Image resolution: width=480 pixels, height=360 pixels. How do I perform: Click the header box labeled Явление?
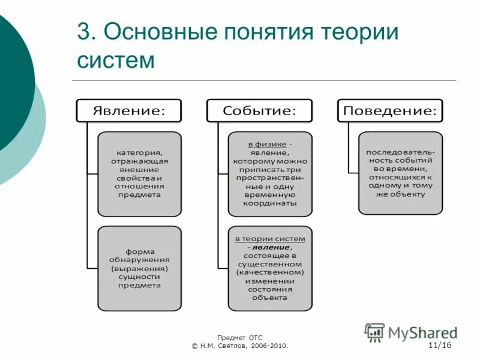(128, 111)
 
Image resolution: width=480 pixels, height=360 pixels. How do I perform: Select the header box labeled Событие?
(259, 111)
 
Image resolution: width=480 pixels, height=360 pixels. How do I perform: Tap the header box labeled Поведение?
(390, 111)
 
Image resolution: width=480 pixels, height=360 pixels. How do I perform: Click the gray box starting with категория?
(139, 174)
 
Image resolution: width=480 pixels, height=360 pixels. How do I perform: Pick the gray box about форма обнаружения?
(139, 268)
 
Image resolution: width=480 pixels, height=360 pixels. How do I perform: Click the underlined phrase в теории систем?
(269, 239)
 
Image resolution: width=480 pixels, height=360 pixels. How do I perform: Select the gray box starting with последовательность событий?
(400, 173)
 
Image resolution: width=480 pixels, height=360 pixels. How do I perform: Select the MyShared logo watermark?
(411, 332)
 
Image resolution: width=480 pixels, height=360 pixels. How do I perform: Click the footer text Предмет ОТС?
(240, 338)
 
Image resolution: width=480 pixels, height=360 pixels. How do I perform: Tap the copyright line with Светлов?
(240, 346)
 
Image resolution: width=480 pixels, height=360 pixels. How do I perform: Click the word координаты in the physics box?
(269, 203)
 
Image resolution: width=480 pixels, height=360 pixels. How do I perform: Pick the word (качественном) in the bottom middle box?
(269, 272)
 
